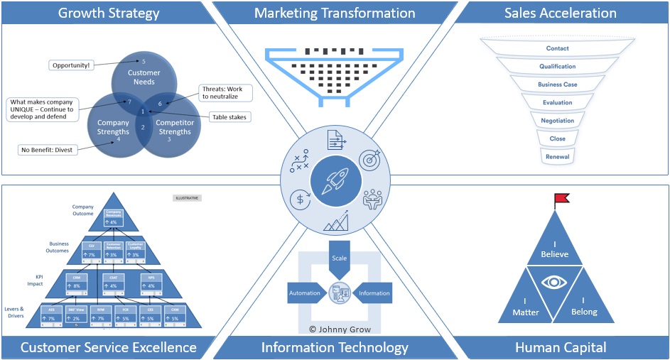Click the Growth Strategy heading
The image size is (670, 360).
109,13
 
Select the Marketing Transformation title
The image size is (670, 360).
335,13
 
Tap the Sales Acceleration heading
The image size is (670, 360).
561,13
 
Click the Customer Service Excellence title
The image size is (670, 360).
109,347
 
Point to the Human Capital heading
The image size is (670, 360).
561,347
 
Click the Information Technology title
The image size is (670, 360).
335,347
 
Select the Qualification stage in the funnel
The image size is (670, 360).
557,67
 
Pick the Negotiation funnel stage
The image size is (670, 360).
557,121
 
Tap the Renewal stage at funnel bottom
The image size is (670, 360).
557,156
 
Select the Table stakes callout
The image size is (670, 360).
229,116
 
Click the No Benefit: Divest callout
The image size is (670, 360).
47,150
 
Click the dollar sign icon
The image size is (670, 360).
300,200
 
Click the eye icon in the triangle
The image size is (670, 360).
555,282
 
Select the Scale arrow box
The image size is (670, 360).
340,258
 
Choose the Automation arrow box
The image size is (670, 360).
306,293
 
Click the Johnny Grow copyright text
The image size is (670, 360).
339,329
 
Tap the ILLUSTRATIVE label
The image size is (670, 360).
187,198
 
